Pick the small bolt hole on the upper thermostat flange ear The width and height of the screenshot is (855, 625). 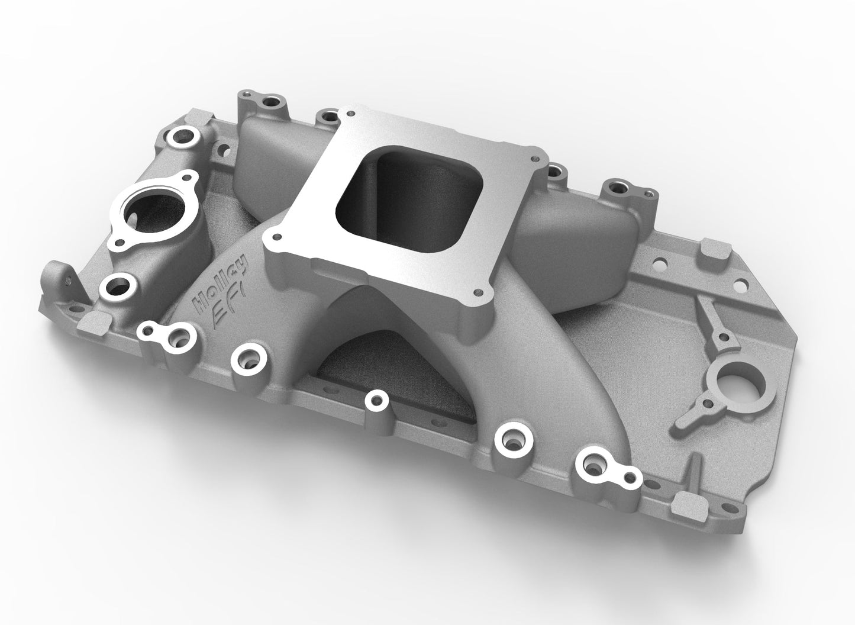[188, 177]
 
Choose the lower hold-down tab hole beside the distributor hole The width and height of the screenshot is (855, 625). [706, 404]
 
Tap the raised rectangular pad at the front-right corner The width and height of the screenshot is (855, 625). [685, 501]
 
